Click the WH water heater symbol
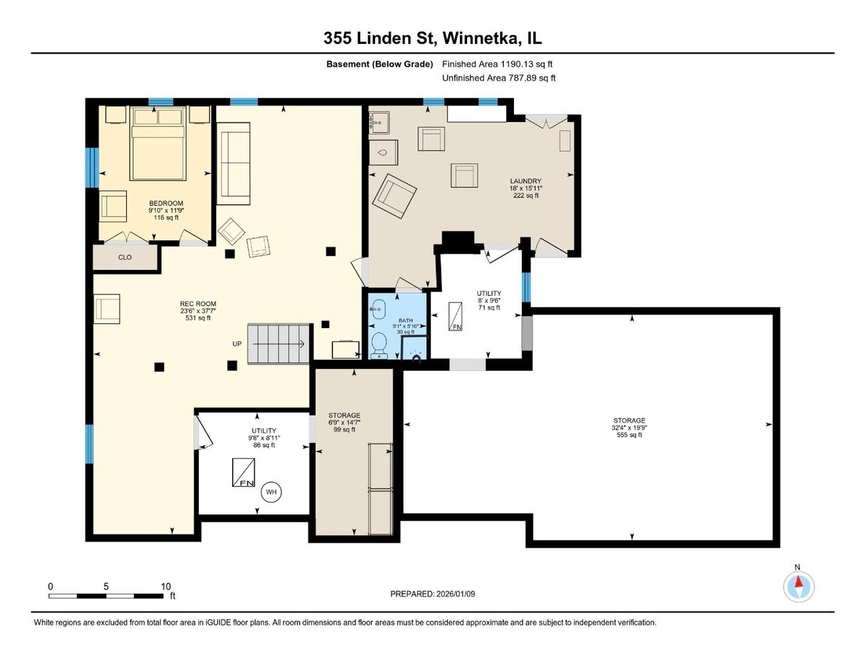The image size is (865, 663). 272,492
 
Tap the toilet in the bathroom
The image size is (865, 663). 379,345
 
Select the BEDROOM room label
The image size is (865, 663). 166,203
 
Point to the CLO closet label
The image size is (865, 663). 125,256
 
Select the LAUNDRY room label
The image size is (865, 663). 525,181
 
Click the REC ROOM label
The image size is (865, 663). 198,304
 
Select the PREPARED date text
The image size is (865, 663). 433,594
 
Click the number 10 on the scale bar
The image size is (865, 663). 165,586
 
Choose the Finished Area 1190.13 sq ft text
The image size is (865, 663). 497,64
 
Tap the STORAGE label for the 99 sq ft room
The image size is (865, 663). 344,416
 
